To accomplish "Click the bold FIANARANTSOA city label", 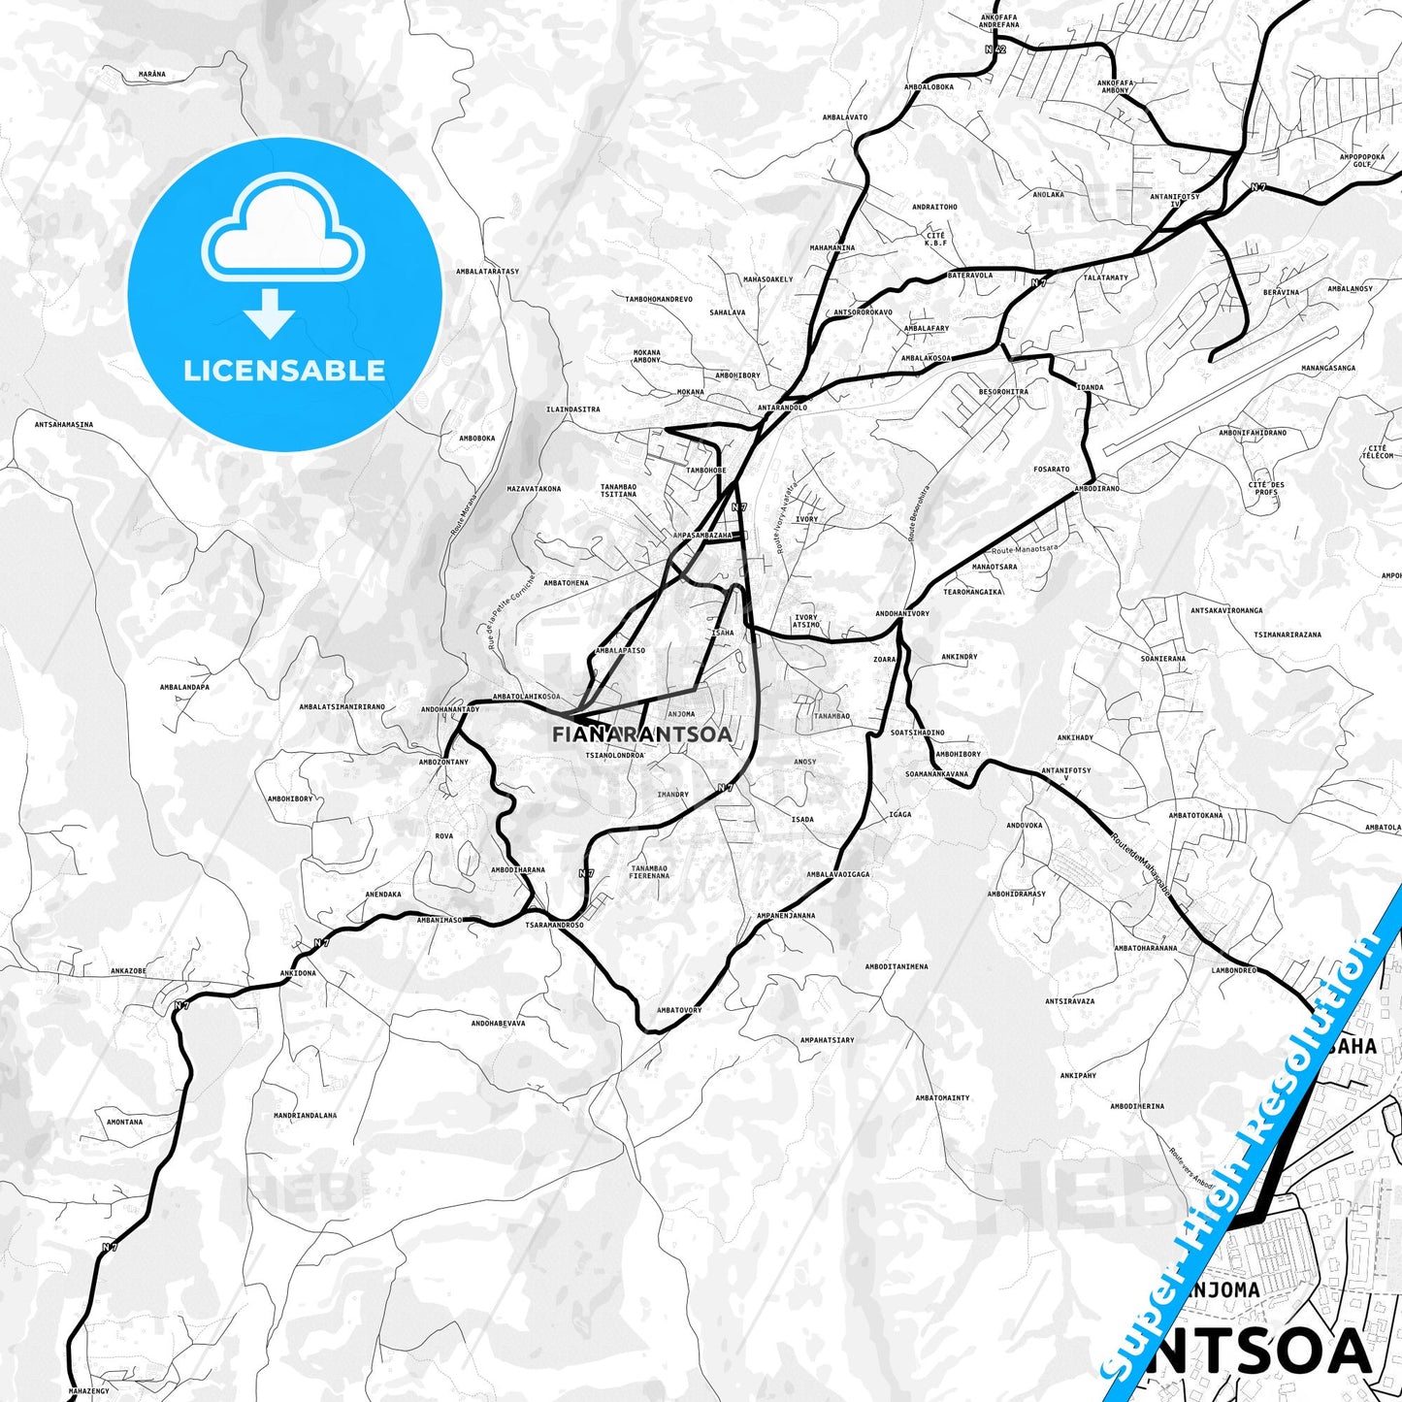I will click(x=641, y=734).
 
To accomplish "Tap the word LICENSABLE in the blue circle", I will click(x=284, y=371).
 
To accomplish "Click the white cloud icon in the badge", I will click(x=282, y=238).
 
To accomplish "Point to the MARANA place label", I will click(x=151, y=75).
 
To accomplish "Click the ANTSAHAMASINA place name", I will click(x=64, y=424).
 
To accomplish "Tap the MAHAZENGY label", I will click(x=87, y=1391).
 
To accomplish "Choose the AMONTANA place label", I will click(x=124, y=1122).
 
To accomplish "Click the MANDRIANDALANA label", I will click(x=305, y=1115).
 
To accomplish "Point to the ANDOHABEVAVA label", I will click(x=498, y=1023).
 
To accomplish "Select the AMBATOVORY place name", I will click(x=678, y=1010).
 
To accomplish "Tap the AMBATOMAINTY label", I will click(x=942, y=1097).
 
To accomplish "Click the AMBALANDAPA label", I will click(x=184, y=687).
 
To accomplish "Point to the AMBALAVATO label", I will click(x=844, y=117).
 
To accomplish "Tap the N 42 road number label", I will click(x=994, y=48).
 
